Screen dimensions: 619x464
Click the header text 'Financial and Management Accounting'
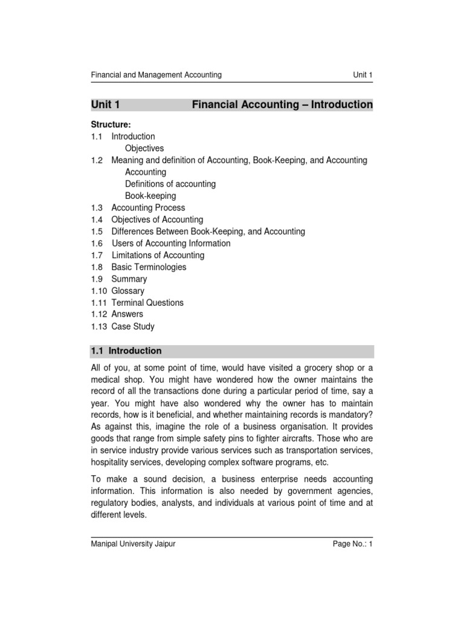pos(156,75)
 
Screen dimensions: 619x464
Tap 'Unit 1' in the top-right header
pos(362,75)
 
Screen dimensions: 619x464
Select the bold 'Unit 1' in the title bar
pos(106,105)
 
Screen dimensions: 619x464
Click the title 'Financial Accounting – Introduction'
pos(282,105)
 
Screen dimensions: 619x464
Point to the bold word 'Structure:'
pos(111,125)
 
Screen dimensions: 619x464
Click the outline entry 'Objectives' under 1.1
pos(144,148)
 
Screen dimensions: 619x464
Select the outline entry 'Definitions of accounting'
pos(170,184)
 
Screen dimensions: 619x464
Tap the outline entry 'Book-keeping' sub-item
pos(150,196)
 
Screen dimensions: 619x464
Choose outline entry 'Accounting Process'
pos(148,207)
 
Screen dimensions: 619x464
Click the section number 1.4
pos(97,219)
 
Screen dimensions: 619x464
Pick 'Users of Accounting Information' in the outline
pos(171,243)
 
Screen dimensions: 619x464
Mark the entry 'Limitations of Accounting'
pos(158,255)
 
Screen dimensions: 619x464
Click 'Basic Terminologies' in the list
pos(149,267)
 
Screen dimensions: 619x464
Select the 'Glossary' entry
pos(128,291)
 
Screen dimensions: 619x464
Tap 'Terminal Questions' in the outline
pos(147,303)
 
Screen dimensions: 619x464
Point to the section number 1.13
pos(99,326)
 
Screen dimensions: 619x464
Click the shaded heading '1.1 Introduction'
pos(126,351)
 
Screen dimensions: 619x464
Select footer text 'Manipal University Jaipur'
pos(133,543)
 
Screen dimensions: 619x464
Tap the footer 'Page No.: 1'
pos(353,543)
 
